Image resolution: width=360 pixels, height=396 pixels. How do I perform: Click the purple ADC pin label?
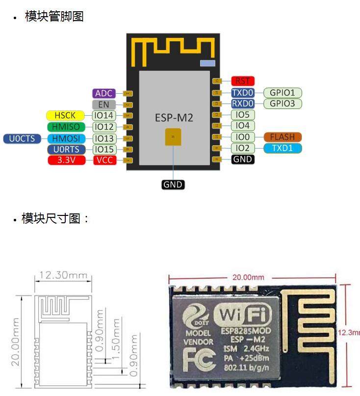coord(104,93)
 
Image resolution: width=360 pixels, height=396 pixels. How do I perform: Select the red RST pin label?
coord(242,81)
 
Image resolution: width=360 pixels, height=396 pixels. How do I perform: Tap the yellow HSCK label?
coord(65,115)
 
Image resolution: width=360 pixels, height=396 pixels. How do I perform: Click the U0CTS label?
coord(22,138)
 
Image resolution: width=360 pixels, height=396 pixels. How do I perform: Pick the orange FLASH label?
coord(283,137)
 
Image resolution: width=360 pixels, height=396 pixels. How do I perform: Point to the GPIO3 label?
coord(283,104)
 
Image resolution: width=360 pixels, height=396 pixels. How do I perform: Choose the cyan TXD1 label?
coord(283,148)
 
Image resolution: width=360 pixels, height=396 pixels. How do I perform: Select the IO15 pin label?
coord(104,149)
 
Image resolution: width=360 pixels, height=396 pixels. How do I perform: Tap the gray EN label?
coord(104,105)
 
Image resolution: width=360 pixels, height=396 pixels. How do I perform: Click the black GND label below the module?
coord(173,185)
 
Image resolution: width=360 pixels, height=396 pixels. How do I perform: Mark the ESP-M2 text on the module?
coord(174,118)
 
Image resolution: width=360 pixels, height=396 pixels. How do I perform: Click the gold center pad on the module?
coord(173,137)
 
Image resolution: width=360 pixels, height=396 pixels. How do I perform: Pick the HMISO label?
coord(65,127)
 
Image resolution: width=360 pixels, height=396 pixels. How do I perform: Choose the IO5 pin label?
coord(242,115)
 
